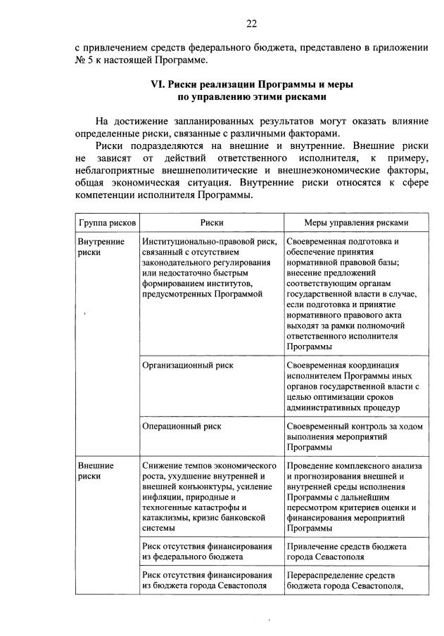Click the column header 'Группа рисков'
pyautogui.click(x=107, y=222)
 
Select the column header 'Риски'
pyautogui.click(x=212, y=222)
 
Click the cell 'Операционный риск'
pyautogui.click(x=182, y=426)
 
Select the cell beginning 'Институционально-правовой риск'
pyautogui.click(x=209, y=268)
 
